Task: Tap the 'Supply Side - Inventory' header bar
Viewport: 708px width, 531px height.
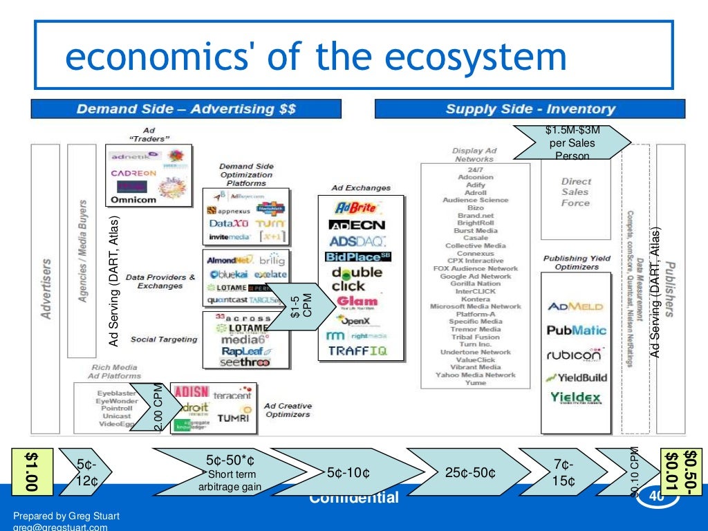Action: [x=530, y=109]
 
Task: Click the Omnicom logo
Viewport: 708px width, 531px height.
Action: [x=133, y=200]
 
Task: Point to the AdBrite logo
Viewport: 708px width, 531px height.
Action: [x=355, y=207]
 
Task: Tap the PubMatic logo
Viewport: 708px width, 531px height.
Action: [x=576, y=330]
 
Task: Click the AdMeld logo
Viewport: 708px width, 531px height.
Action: [x=575, y=307]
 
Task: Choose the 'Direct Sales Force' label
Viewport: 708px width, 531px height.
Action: [x=576, y=192]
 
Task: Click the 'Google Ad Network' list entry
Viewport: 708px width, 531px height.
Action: [x=476, y=276]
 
